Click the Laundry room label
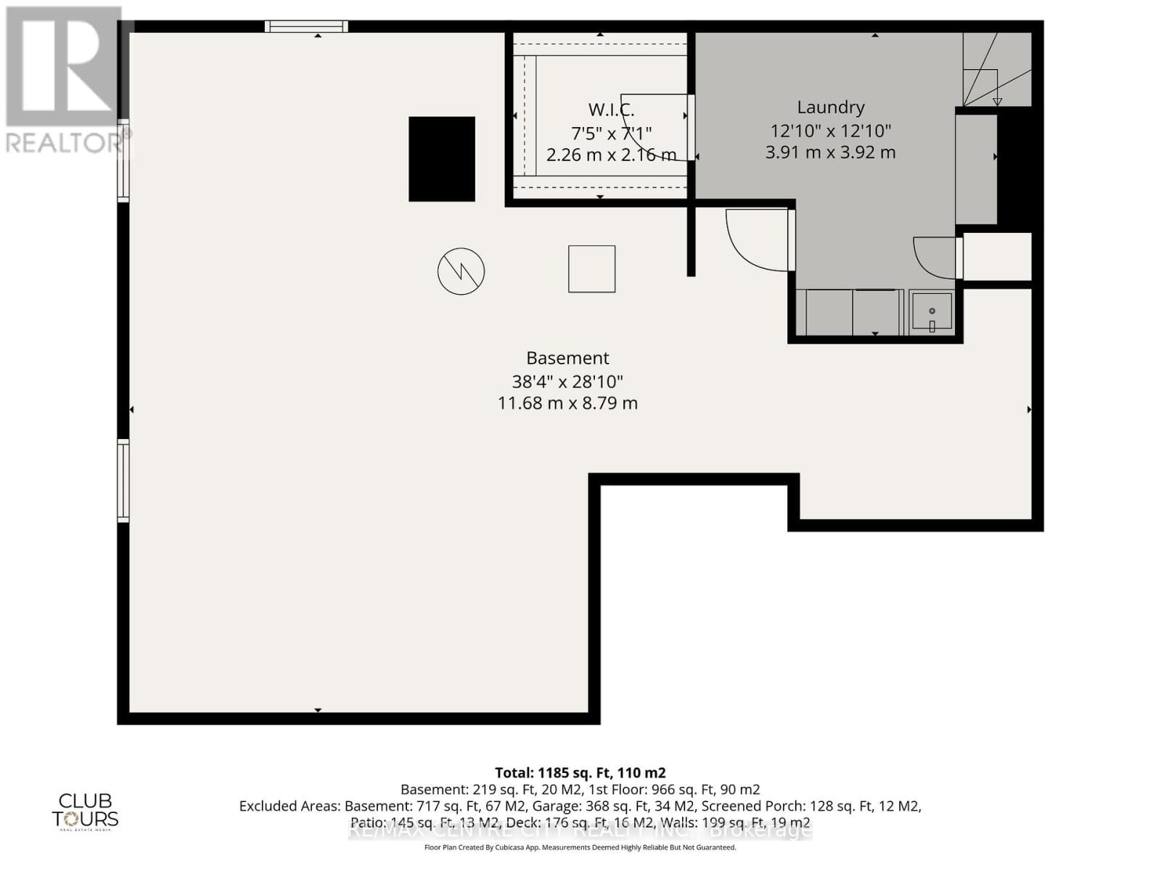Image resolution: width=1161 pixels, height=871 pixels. tap(830, 107)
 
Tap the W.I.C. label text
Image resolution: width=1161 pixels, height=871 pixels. tap(611, 110)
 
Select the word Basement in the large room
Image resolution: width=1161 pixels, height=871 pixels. tap(567, 358)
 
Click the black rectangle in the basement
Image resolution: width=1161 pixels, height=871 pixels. tap(441, 159)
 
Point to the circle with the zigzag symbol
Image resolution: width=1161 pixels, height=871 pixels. tap(461, 271)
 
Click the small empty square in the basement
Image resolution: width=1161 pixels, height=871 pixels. tap(591, 269)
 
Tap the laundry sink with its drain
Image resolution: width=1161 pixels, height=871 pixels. tap(932, 311)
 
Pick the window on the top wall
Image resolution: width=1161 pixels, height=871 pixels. tap(306, 27)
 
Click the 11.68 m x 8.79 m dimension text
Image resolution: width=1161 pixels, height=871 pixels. tap(567, 404)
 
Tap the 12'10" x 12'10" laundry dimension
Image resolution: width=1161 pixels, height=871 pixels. tap(830, 131)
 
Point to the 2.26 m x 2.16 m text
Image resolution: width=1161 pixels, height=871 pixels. tap(611, 155)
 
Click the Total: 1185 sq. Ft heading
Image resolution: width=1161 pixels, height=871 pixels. tap(580, 773)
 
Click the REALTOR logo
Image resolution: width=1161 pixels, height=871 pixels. tap(64, 80)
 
